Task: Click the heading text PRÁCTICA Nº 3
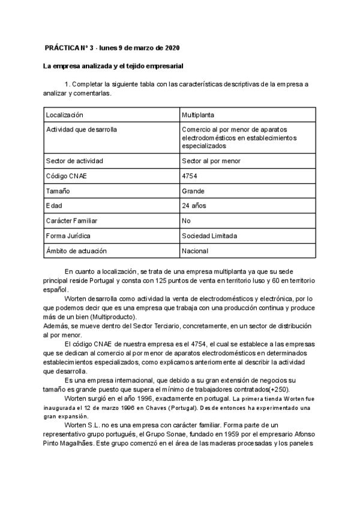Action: pyautogui.click(x=70, y=48)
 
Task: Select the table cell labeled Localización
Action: pyautogui.click(x=65, y=115)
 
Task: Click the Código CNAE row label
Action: pyautogui.click(x=68, y=176)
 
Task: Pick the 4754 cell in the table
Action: pyautogui.click(x=190, y=176)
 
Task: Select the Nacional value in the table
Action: pyautogui.click(x=195, y=251)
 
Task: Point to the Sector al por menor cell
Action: pyautogui.click(x=211, y=161)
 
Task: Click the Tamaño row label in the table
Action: pyautogui.click(x=58, y=191)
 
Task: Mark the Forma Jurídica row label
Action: pyautogui.click(x=68, y=236)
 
